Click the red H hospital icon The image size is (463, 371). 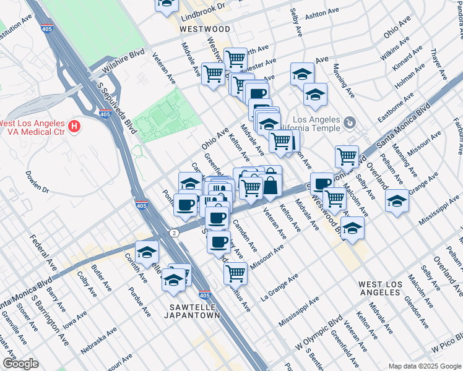point(75,127)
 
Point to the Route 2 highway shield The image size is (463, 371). point(176,232)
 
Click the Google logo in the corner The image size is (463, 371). point(20,363)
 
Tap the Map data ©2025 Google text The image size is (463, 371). point(424,366)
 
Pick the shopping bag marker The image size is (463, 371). point(270,184)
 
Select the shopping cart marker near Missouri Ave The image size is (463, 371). point(235,272)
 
